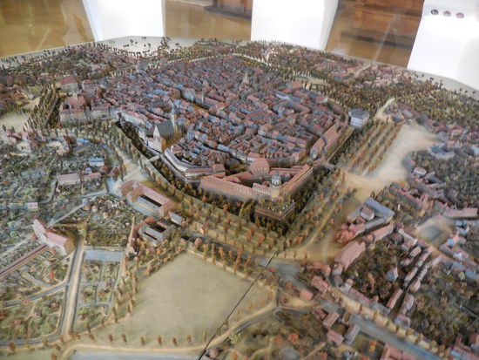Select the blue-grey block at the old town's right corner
pos(358,118)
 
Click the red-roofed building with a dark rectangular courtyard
pos(146,200)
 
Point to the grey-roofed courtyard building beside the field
pos(157,233)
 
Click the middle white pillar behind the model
pos(287,22)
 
